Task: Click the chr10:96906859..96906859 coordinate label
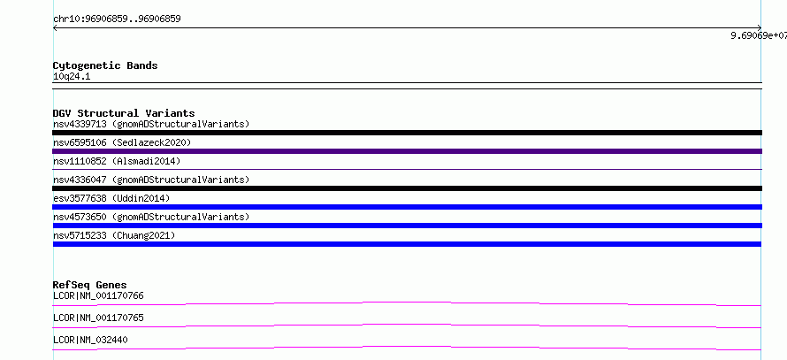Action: tap(117, 19)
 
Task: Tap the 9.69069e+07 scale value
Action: tap(759, 35)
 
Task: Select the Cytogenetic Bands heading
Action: tap(105, 65)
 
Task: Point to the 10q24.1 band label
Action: tap(72, 77)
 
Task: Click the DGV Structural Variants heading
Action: tap(124, 113)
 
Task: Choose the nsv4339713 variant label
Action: tap(151, 124)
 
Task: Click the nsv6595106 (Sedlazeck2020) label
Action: tap(122, 142)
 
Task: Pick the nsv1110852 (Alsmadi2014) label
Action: tap(117, 161)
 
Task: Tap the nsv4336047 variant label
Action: tap(151, 180)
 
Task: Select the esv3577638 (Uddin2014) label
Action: tap(111, 198)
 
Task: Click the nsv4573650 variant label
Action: tap(151, 217)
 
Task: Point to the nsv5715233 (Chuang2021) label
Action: tap(114, 235)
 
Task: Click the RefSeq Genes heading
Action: tap(90, 285)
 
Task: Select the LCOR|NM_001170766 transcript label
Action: tap(98, 295)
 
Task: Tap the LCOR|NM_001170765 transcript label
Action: tap(98, 318)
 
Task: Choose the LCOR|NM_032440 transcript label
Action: tap(90, 340)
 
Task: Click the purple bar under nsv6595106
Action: tap(407, 151)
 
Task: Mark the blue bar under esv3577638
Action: tap(407, 207)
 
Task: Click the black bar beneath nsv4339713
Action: tap(407, 133)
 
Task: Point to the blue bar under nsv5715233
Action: tap(407, 244)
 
